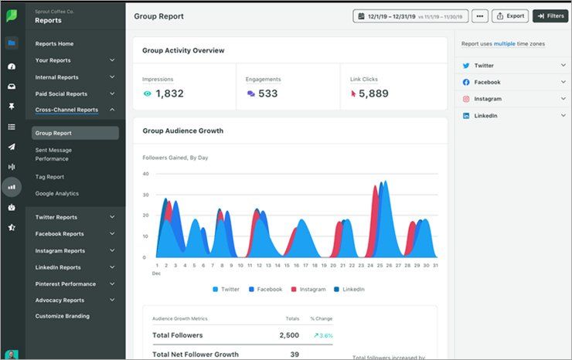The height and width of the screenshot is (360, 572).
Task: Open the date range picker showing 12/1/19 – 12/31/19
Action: point(410,15)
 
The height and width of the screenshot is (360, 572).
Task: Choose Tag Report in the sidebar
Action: point(50,176)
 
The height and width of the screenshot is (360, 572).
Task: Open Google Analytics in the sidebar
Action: point(56,193)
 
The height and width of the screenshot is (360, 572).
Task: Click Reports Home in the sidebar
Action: point(54,43)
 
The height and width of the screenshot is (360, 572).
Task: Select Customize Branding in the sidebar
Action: point(62,316)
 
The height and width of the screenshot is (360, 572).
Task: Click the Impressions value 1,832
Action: point(169,93)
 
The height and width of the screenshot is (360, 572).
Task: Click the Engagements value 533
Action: point(267,93)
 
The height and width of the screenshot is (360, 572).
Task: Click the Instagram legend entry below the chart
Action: point(308,289)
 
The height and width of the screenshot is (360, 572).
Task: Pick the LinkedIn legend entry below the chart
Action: point(348,289)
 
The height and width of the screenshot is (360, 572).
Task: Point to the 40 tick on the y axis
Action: point(145,174)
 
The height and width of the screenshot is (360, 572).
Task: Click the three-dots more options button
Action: point(479,15)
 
